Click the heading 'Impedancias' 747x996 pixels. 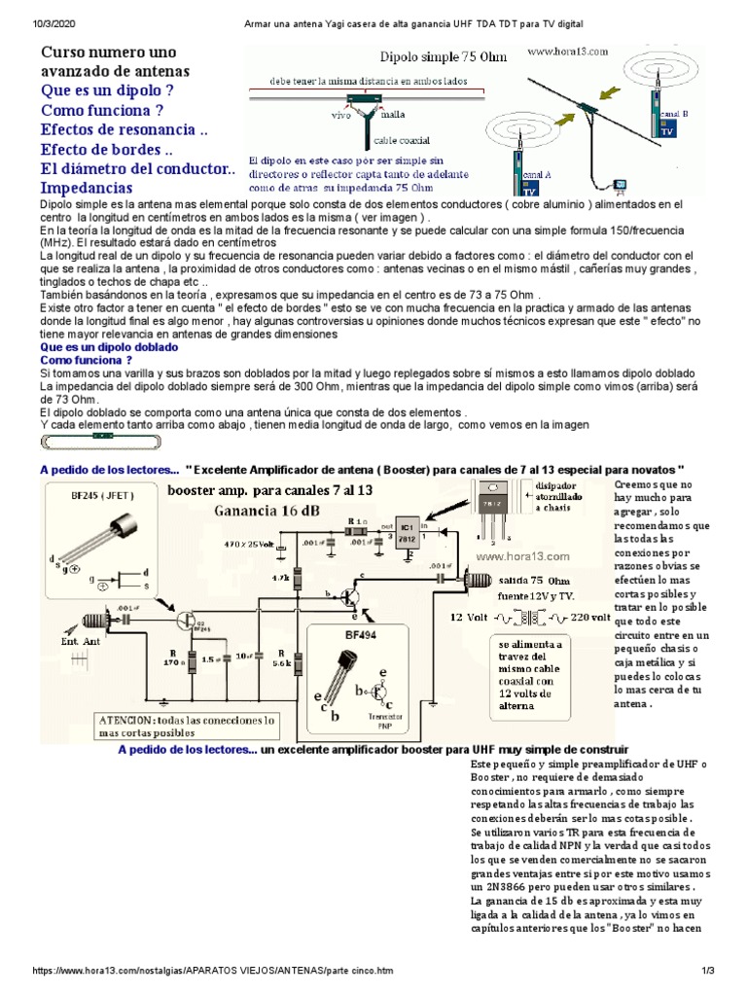(x=87, y=188)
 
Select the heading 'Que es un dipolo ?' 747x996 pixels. (x=107, y=90)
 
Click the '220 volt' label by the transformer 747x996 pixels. (x=589, y=617)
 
